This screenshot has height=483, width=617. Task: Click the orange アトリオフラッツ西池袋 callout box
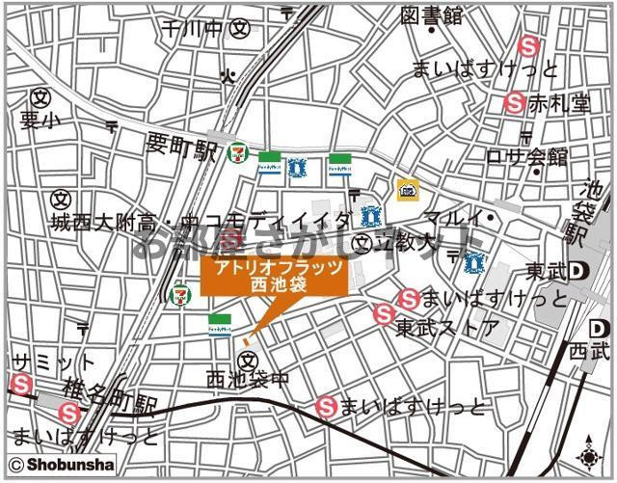273,277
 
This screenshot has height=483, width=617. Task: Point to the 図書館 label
432,15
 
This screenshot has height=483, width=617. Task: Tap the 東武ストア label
449,328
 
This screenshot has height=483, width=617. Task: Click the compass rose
589,454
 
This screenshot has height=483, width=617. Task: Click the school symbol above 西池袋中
249,359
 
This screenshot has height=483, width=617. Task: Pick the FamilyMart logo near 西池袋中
219,323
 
